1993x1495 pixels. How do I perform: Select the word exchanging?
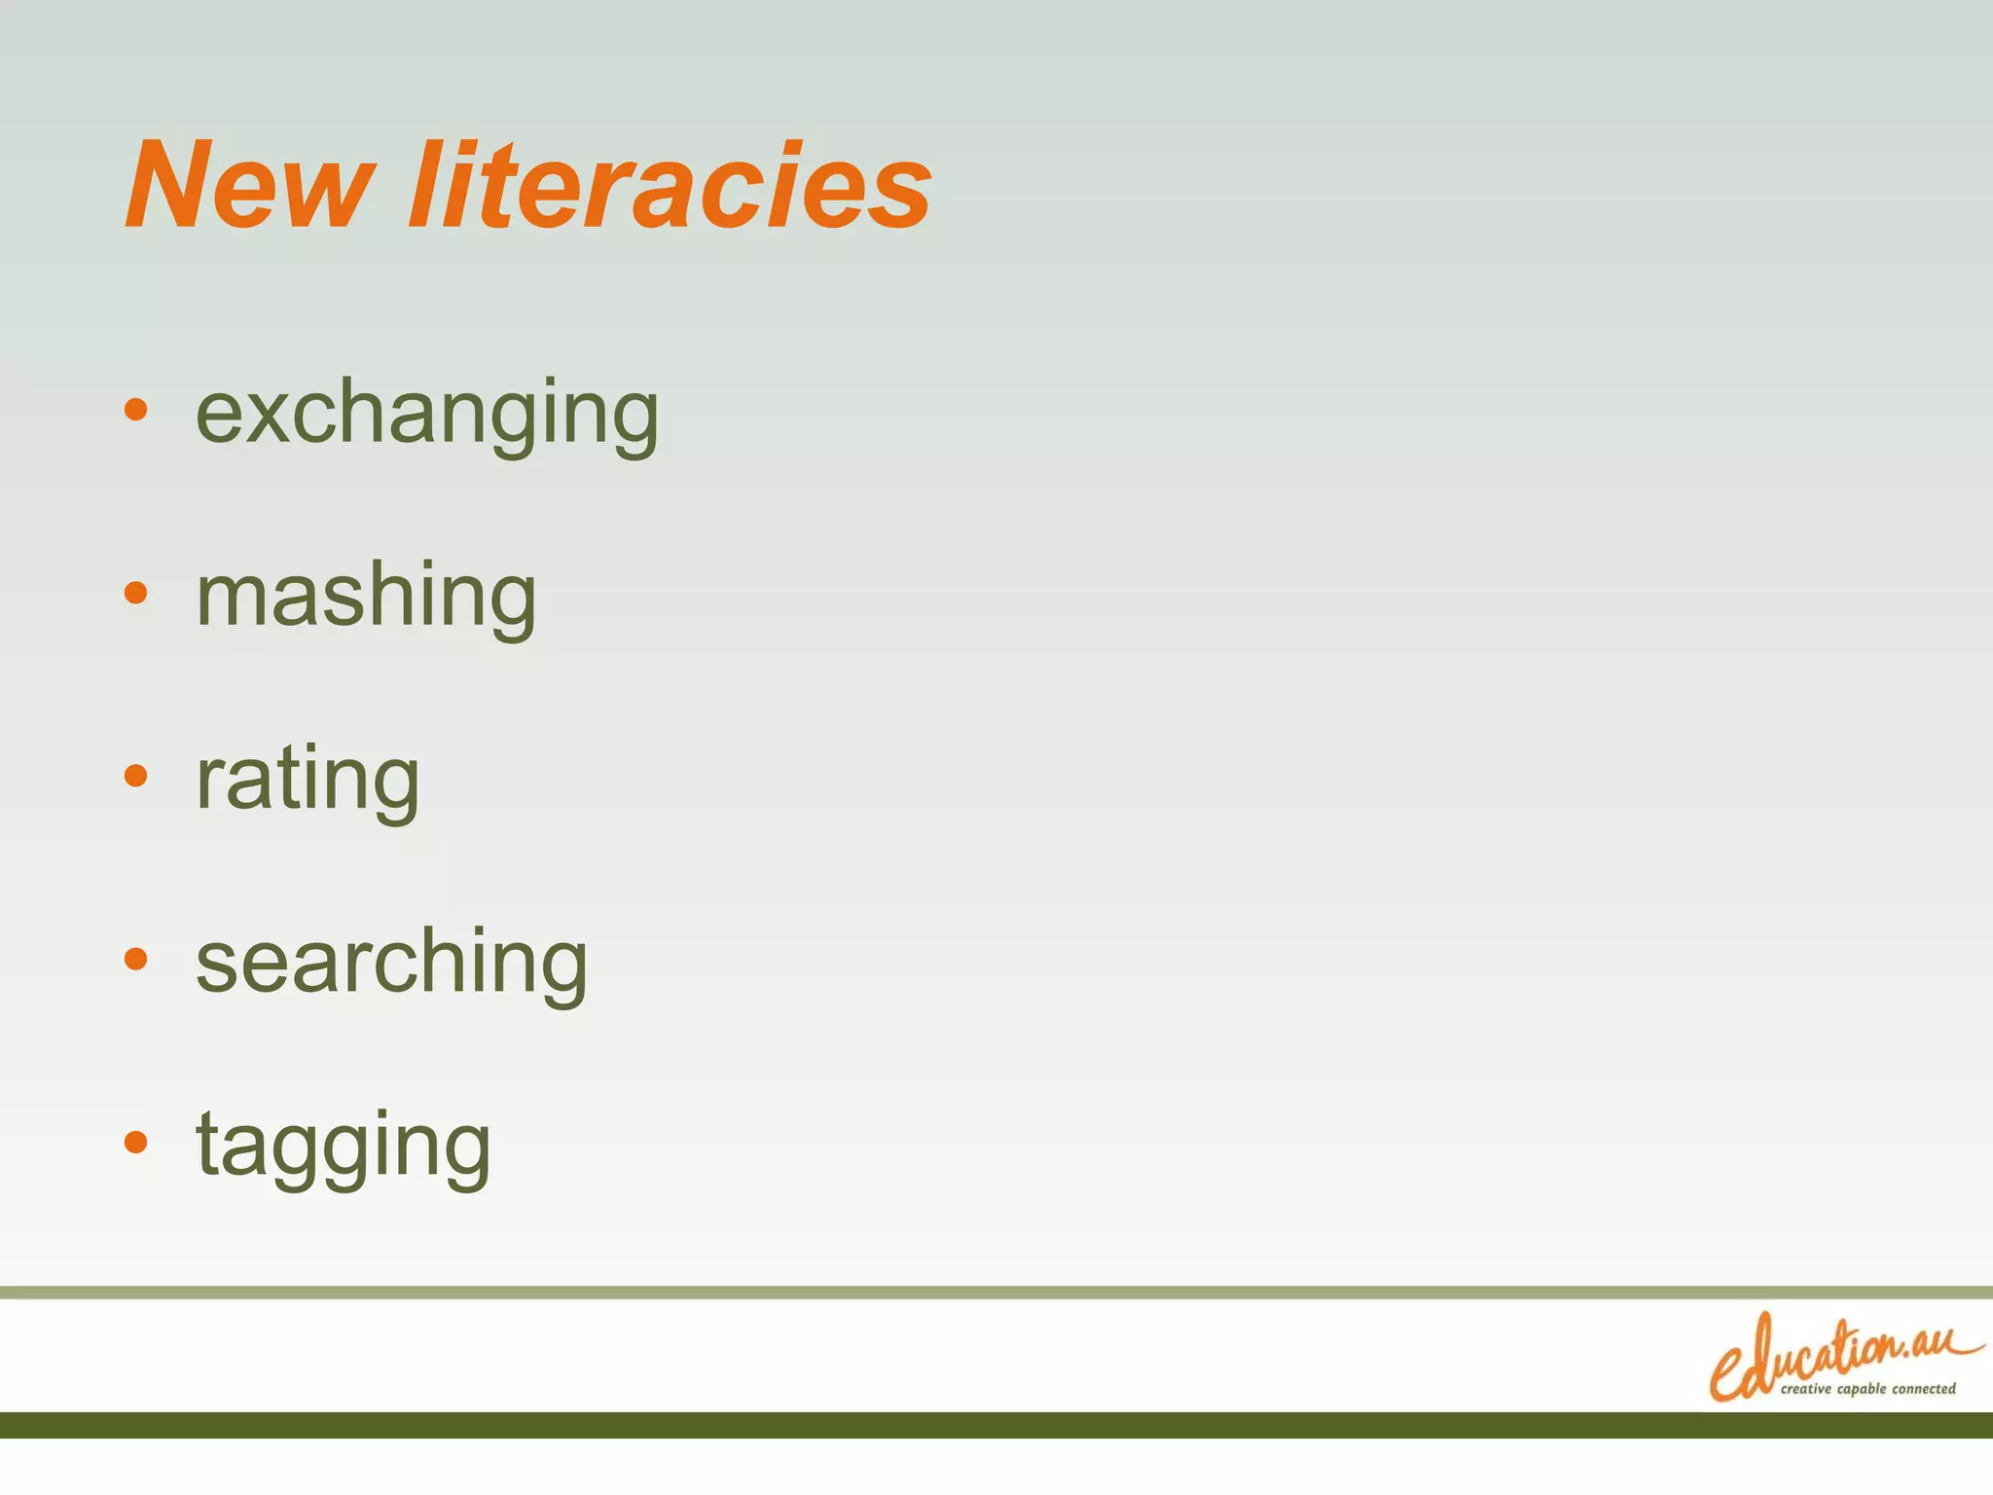pyautogui.click(x=427, y=414)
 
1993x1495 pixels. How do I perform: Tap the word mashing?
pyautogui.click(x=366, y=597)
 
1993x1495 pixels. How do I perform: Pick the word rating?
pyautogui.click(x=308, y=780)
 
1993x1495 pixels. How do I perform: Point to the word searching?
pyautogui.click(x=391, y=963)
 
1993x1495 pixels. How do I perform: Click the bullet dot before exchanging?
pyautogui.click(x=136, y=410)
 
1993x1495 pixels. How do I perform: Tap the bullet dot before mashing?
pyautogui.click(x=136, y=592)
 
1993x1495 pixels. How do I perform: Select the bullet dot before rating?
pyautogui.click(x=136, y=776)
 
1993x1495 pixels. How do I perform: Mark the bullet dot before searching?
pyautogui.click(x=136, y=959)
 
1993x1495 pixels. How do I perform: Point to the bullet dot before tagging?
pyautogui.click(x=136, y=1141)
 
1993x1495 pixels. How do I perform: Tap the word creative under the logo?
pyautogui.click(x=1806, y=1389)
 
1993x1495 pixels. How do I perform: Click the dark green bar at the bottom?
pyautogui.click(x=996, y=1425)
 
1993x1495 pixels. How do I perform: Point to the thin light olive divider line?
pyautogui.click(x=996, y=1292)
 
